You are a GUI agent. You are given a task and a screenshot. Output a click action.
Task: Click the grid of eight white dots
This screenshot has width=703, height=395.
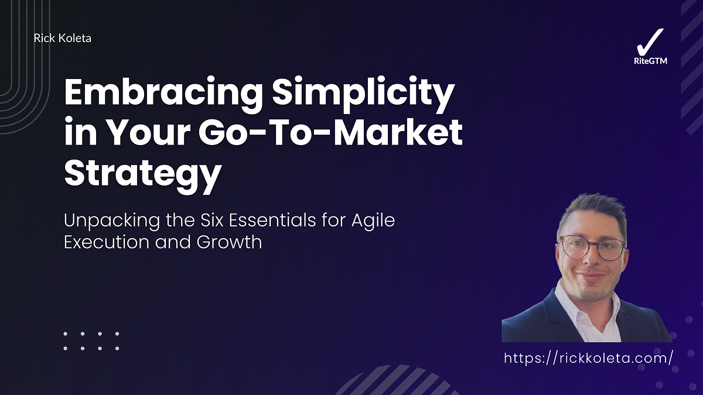pyautogui.click(x=91, y=341)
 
